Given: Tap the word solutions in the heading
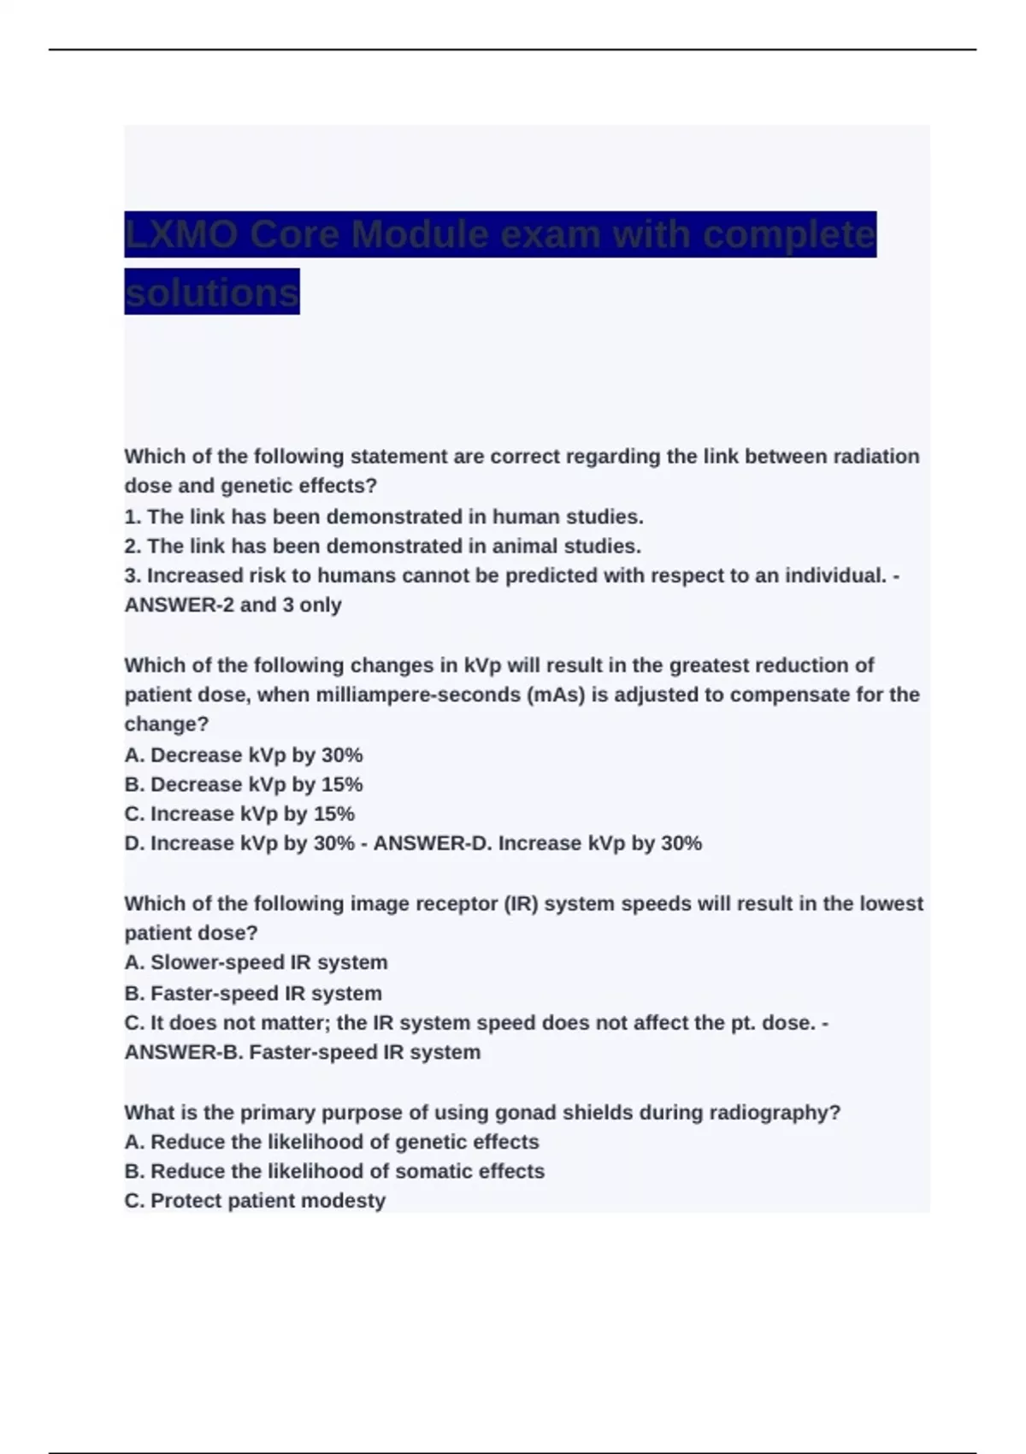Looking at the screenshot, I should pyautogui.click(x=211, y=293).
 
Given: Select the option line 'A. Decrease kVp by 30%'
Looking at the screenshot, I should pyautogui.click(x=244, y=755).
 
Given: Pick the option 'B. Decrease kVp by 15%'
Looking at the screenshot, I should pyautogui.click(x=244, y=784).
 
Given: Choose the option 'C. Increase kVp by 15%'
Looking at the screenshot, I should pyautogui.click(x=239, y=813).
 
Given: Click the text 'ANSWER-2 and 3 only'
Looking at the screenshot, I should pyautogui.click(x=233, y=605).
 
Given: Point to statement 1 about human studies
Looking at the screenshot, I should pyautogui.click(x=384, y=517).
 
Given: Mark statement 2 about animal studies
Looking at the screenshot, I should pyautogui.click(x=382, y=546).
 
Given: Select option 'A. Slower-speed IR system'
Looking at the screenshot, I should pyautogui.click(x=256, y=962).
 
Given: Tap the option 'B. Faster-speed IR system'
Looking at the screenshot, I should pyautogui.click(x=253, y=993).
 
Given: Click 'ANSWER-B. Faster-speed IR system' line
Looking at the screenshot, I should pyautogui.click(x=303, y=1052).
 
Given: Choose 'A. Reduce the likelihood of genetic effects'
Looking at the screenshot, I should pyautogui.click(x=332, y=1142).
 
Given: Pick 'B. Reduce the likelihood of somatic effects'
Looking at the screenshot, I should pyautogui.click(x=334, y=1171).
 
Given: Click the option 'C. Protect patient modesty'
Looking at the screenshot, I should pyautogui.click(x=255, y=1201).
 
